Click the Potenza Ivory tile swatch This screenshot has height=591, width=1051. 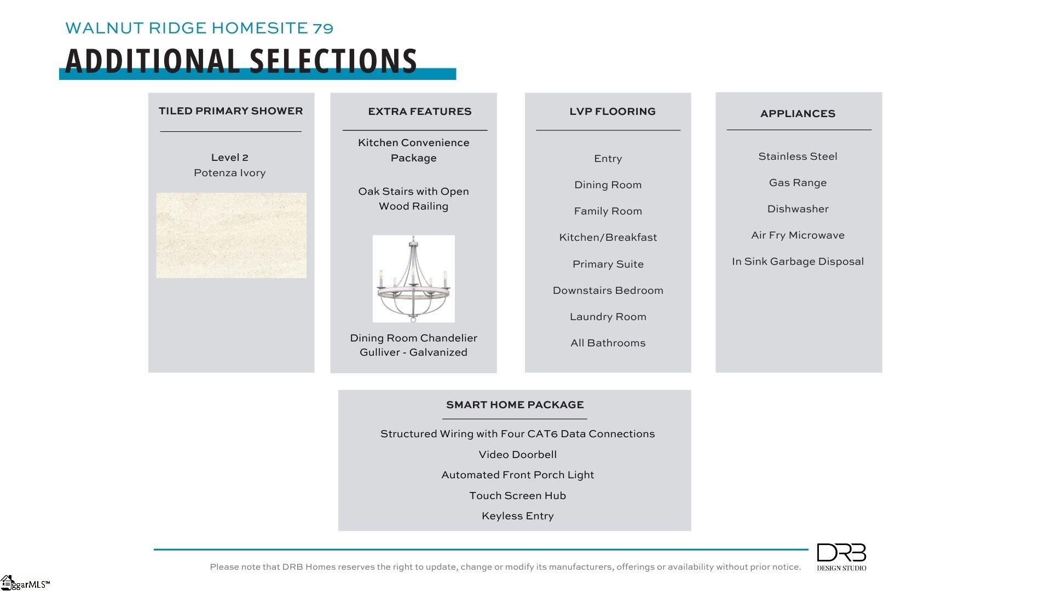[231, 235]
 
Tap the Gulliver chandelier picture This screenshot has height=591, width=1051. [413, 279]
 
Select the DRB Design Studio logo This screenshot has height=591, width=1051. [841, 557]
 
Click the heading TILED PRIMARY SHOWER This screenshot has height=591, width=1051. [230, 111]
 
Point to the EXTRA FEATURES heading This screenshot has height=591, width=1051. [419, 112]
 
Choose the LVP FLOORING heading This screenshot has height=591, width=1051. [612, 112]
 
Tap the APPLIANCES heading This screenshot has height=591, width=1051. [798, 114]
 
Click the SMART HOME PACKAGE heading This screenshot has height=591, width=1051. [515, 405]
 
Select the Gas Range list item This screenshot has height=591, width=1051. [798, 183]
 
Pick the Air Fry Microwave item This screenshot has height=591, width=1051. [798, 235]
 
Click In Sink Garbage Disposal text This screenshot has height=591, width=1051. [798, 262]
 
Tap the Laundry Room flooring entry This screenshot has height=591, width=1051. [608, 317]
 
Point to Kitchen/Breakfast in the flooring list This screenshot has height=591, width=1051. [608, 237]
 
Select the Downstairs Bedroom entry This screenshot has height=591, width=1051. [608, 291]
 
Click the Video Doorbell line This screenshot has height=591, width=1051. [517, 455]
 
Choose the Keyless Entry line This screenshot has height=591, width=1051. [517, 516]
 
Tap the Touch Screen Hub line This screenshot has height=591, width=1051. [517, 496]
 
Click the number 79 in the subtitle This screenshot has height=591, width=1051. [323, 28]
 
